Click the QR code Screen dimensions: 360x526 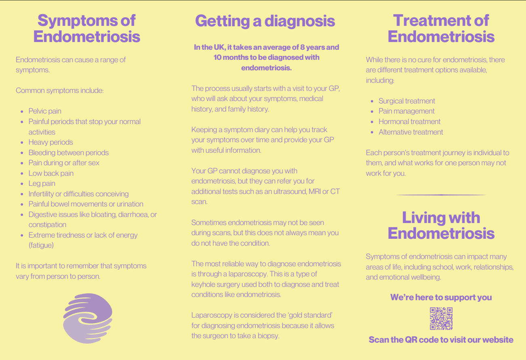441,319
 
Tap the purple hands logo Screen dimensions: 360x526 88,318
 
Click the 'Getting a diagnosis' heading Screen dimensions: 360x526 265,21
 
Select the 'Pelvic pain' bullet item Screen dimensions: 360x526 45,111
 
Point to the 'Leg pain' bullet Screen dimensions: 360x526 42,183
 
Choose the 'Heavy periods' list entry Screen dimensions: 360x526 50,142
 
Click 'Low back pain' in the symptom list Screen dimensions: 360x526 51,173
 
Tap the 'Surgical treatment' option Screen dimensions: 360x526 407,101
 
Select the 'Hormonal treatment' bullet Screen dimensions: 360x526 409,122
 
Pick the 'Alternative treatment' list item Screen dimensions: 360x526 410,132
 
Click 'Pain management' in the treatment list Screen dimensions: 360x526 406,111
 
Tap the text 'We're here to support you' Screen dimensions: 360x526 441,298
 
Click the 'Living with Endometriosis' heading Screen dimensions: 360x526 441,225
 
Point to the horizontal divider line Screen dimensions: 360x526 441,195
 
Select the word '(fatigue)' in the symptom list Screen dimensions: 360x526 41,245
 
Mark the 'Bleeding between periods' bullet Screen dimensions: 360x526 68,153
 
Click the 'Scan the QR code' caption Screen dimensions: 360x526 441,340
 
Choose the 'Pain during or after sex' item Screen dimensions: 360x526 64,163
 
